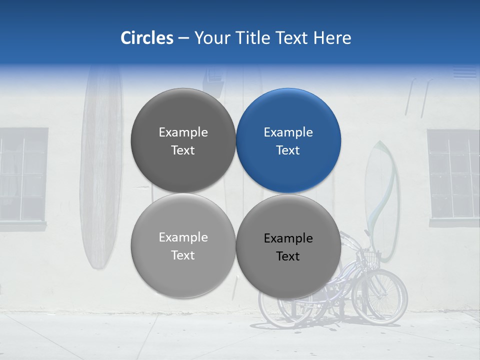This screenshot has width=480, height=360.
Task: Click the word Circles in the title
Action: click(147, 38)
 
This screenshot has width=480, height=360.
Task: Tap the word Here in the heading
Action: click(332, 38)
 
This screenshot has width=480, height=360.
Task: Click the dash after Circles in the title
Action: click(183, 38)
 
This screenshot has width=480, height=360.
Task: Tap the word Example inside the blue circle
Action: click(288, 132)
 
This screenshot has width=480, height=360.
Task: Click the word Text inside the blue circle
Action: click(288, 150)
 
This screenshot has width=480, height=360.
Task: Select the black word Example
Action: click(288, 238)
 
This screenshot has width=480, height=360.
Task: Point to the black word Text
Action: click(288, 256)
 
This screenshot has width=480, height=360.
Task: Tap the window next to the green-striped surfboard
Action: click(453, 175)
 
